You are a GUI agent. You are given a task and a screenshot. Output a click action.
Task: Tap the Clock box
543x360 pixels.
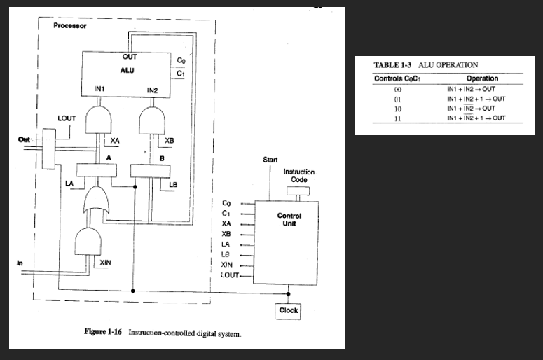pyautogui.click(x=288, y=310)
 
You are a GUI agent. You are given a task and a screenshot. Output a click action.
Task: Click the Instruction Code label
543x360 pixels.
pyautogui.click(x=299, y=176)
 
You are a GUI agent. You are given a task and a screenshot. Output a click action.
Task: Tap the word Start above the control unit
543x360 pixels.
pyautogui.click(x=270, y=160)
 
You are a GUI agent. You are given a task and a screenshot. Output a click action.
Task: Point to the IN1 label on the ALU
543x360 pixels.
pyautogui.click(x=99, y=89)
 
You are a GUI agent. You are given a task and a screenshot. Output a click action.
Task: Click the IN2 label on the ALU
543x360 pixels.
pyautogui.click(x=153, y=90)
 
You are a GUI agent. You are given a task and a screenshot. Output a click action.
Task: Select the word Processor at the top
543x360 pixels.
pyautogui.click(x=70, y=26)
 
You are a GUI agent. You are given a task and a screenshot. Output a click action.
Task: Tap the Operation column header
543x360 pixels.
pyautogui.click(x=481, y=78)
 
